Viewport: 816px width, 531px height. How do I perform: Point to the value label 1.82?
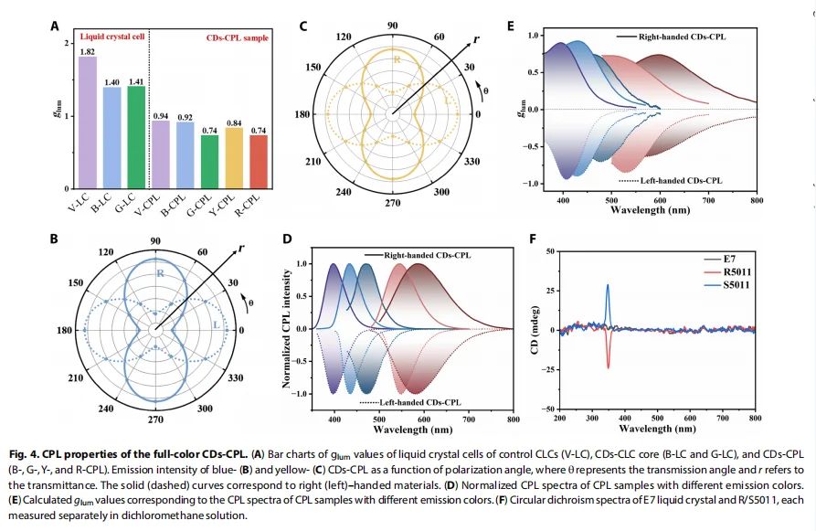88,51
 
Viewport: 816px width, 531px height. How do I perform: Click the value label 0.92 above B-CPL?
185,117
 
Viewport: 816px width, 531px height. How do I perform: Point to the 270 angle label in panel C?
392,202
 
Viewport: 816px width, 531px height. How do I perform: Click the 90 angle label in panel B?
155,241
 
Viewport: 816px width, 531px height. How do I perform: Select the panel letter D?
288,239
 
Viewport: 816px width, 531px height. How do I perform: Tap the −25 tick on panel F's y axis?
549,369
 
